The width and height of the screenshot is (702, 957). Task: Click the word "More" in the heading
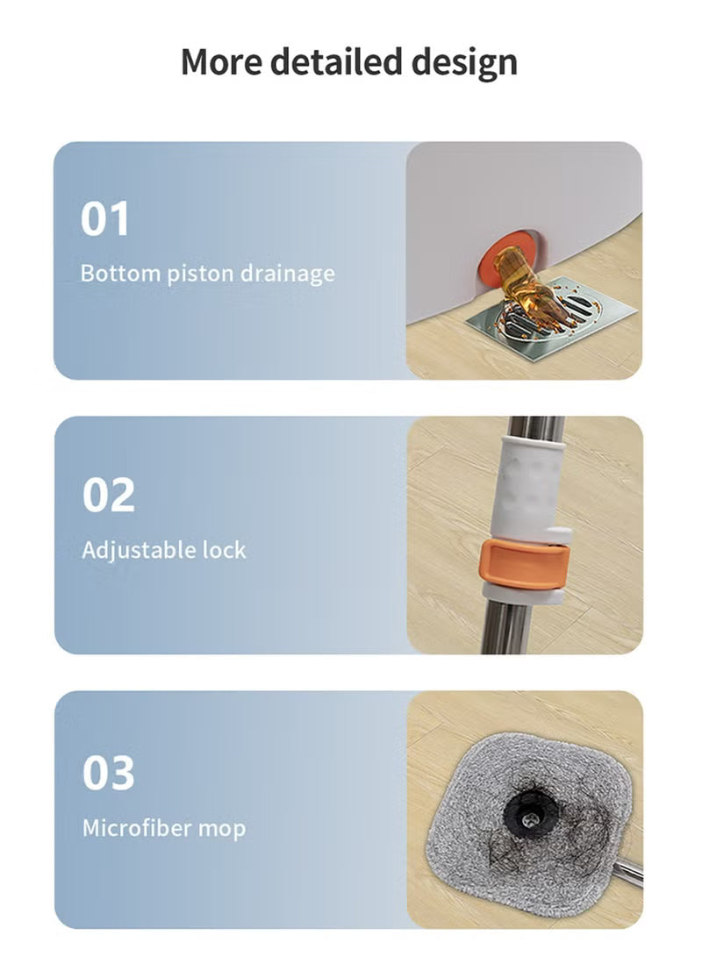(x=222, y=61)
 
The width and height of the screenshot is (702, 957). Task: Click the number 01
(x=104, y=218)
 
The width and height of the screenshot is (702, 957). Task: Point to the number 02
(x=108, y=495)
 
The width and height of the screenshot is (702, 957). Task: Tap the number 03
(x=108, y=772)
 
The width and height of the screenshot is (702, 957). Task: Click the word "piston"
(x=200, y=274)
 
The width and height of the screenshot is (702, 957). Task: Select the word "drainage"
(x=288, y=274)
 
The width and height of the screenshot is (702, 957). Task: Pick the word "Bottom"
(x=120, y=273)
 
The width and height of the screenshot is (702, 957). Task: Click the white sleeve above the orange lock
(x=528, y=489)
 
